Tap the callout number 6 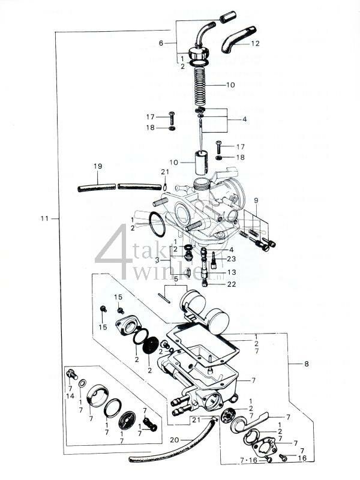tap(161, 43)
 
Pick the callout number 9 tap(256, 200)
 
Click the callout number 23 tap(232, 259)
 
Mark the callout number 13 tap(232, 272)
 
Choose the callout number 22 tap(232, 284)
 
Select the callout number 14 tap(71, 397)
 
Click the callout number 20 tap(174, 440)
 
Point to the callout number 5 tap(176, 279)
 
